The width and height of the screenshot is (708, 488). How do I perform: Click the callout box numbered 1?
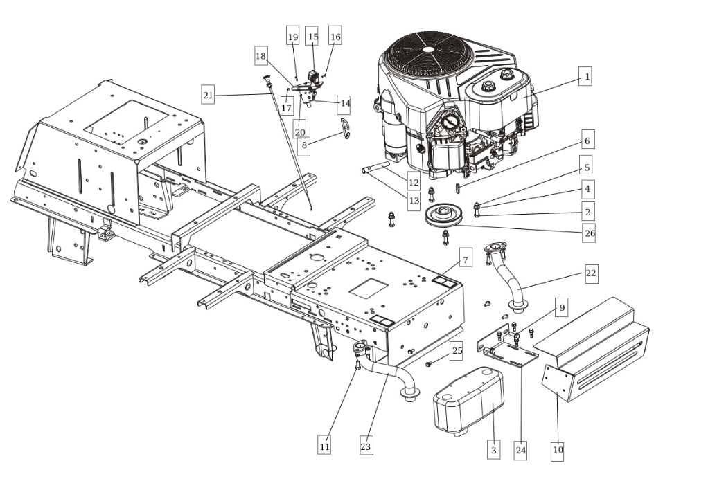tap(586, 77)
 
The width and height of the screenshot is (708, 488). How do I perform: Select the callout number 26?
tap(589, 233)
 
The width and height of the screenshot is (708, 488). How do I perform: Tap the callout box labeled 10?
tap(558, 450)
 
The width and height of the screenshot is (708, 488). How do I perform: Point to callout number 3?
tap(493, 450)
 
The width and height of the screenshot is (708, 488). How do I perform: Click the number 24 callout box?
tap(521, 450)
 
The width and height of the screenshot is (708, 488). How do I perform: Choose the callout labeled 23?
tap(366, 447)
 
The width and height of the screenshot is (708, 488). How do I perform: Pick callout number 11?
tap(324, 447)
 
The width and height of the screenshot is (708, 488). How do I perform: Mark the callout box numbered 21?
tap(208, 94)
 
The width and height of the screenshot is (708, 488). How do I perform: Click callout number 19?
tap(292, 37)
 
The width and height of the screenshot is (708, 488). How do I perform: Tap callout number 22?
tap(590, 273)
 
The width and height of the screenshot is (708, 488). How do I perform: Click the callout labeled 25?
tap(457, 351)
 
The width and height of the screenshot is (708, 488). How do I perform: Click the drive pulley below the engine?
tap(443, 217)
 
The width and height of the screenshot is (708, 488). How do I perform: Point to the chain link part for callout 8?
tap(344, 128)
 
